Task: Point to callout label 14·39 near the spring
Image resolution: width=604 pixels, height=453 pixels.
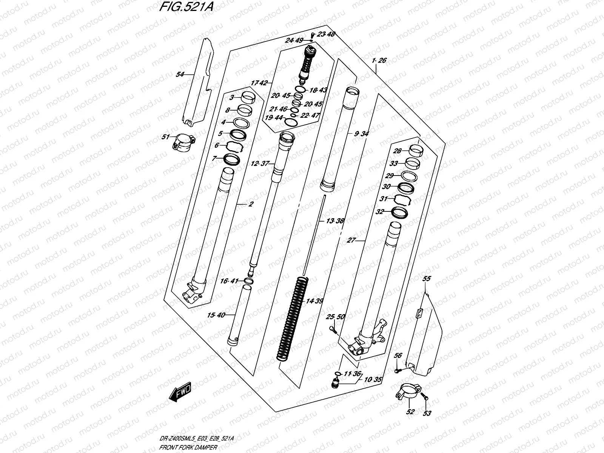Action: [314, 301]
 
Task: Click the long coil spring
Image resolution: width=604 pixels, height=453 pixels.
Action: [293, 319]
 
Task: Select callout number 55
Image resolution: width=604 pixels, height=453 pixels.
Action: [426, 279]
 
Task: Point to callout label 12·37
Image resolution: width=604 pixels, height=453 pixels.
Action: [259, 163]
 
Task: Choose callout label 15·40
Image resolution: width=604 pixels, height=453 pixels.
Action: [216, 315]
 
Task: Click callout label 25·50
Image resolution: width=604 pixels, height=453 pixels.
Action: [335, 316]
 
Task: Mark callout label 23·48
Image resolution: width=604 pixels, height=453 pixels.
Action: [326, 34]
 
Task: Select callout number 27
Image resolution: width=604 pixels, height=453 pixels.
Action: [351, 240]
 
